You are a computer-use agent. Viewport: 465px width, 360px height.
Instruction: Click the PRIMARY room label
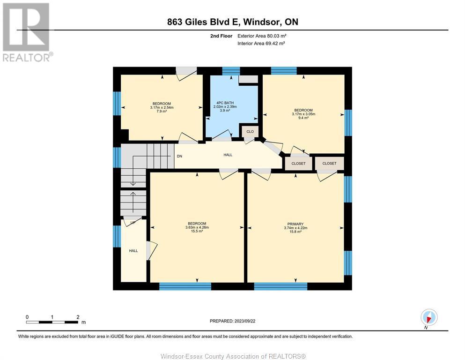click(x=295, y=224)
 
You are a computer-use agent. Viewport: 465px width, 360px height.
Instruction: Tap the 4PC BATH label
click(x=225, y=103)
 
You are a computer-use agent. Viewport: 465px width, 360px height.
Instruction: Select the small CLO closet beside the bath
click(x=250, y=131)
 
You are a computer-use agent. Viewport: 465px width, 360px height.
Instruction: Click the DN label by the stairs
click(x=179, y=156)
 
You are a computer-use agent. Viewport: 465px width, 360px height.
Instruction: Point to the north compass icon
click(x=429, y=317)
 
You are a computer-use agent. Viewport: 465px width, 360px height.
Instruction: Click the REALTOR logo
click(x=28, y=32)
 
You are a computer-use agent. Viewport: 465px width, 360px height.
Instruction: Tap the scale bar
click(x=52, y=322)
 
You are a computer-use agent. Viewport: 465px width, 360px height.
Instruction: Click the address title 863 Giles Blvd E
click(x=203, y=22)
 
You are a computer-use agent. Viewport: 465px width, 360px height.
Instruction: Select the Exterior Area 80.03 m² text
click(x=262, y=36)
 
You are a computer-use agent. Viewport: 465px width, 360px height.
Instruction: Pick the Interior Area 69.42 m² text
click(x=261, y=43)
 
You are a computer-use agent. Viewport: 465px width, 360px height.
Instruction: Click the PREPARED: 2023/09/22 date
click(x=232, y=321)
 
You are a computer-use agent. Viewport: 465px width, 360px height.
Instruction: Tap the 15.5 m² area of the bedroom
click(x=197, y=231)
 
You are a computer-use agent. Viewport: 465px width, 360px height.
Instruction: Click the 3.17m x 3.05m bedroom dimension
click(x=303, y=114)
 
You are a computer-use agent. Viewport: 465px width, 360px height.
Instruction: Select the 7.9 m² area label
click(x=162, y=111)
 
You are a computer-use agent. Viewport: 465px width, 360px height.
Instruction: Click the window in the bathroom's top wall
click(x=231, y=71)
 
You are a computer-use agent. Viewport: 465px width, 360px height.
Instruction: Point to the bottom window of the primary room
click(x=280, y=286)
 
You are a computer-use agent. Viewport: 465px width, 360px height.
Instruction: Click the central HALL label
click(x=228, y=155)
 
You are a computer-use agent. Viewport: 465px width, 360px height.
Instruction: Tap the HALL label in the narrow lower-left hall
click(x=133, y=251)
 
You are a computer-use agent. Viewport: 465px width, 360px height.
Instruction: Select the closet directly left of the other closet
click(x=298, y=164)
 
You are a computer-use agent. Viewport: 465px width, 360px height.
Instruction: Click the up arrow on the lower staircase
click(x=133, y=202)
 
